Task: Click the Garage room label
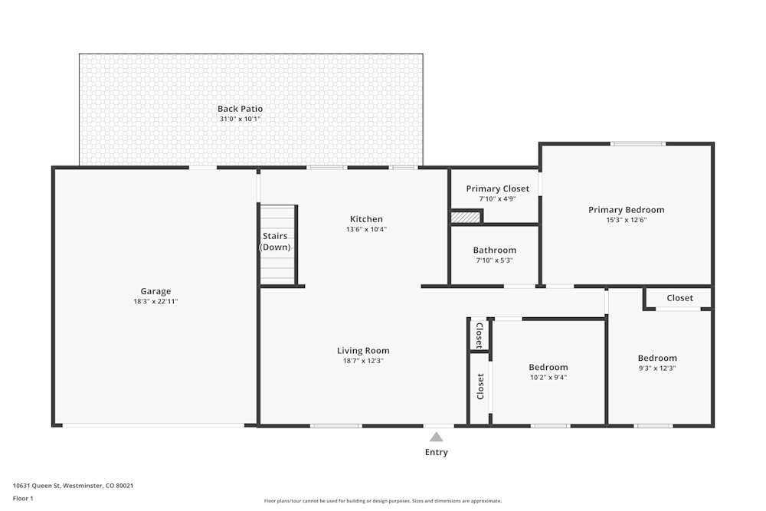coord(155,291)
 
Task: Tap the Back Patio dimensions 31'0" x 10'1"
coord(240,119)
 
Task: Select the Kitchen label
coord(366,219)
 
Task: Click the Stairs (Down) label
coord(275,241)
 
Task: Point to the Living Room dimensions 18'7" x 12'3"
coord(363,361)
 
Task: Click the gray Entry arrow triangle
coord(436,437)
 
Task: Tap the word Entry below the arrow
coord(436,452)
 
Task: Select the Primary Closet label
coord(497,188)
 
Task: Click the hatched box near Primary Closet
coord(465,218)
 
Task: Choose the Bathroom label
coord(494,250)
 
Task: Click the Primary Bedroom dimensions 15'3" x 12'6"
coord(626,220)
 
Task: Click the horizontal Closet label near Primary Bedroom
coord(679,298)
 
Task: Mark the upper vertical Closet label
coord(480,334)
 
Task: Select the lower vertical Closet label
coord(480,386)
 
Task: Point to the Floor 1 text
coord(23,498)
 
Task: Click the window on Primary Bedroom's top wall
coord(637,143)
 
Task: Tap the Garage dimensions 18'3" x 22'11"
coord(155,301)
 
